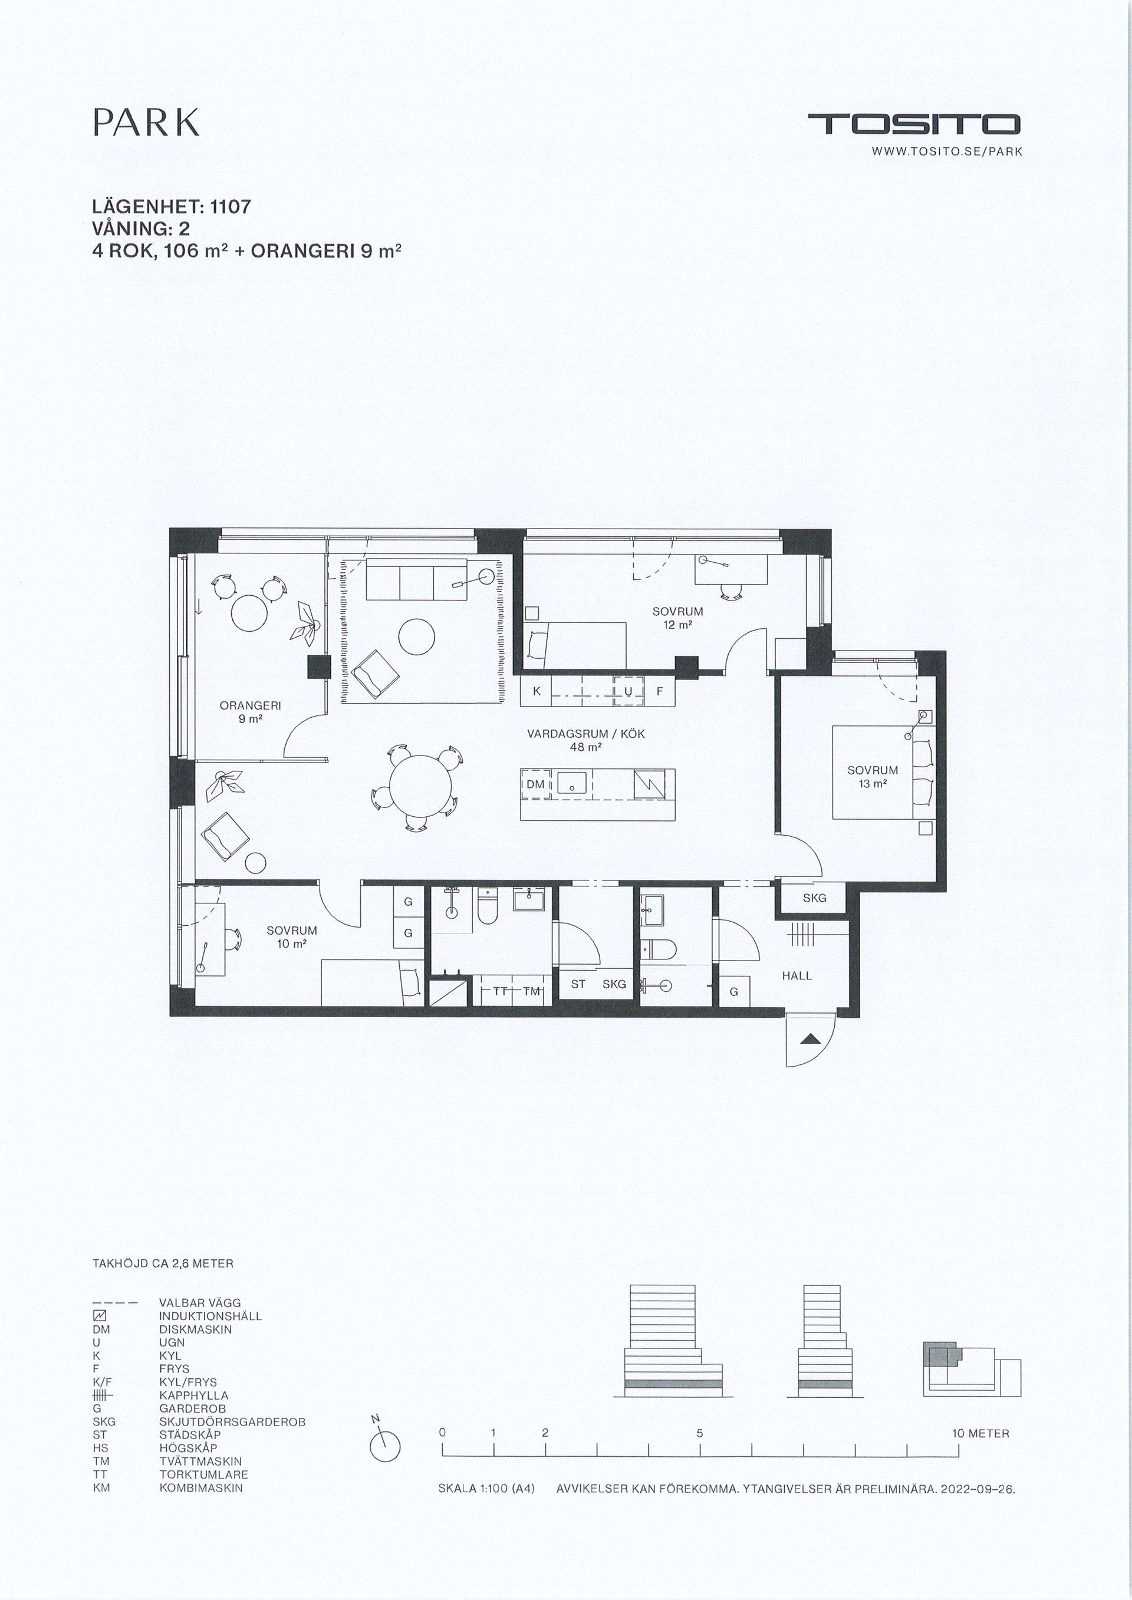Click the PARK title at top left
pos(146,123)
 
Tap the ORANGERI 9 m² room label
pos(250,711)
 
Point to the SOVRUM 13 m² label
pos(873,776)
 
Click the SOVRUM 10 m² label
pos(291,936)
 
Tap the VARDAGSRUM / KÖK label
pos(585,740)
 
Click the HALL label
pos(797,975)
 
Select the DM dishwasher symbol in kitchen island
pos(535,784)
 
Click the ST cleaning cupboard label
pos(578,984)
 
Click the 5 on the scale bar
pos(699,1433)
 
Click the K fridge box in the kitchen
pos(537,691)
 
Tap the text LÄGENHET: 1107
pos(172,207)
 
